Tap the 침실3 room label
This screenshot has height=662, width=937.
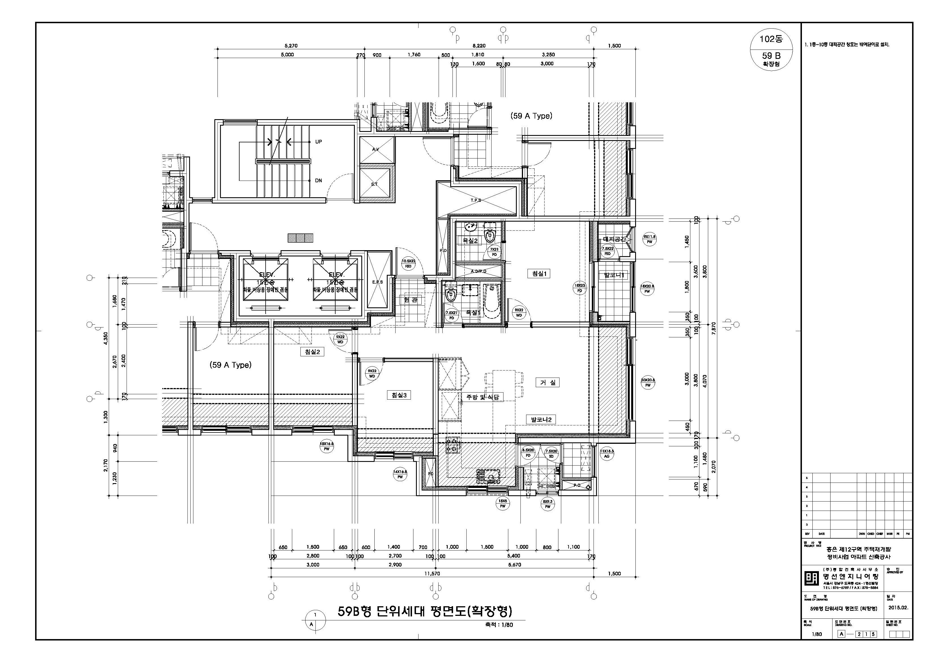(399, 395)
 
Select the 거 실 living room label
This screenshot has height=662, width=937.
(548, 382)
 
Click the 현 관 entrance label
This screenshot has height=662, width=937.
(411, 300)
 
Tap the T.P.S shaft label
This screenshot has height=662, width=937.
(476, 200)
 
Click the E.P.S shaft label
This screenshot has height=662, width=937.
(377, 282)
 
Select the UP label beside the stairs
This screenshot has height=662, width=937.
(318, 142)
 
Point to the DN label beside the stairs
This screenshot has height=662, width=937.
(318, 180)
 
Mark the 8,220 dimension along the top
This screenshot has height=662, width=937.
(479, 46)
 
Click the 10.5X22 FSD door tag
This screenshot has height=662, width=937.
(408, 263)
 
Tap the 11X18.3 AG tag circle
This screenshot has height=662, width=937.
(607, 454)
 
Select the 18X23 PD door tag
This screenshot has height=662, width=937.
(580, 288)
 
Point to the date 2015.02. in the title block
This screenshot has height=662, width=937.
(898, 607)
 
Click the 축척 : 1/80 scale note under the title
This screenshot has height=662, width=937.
(499, 624)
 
